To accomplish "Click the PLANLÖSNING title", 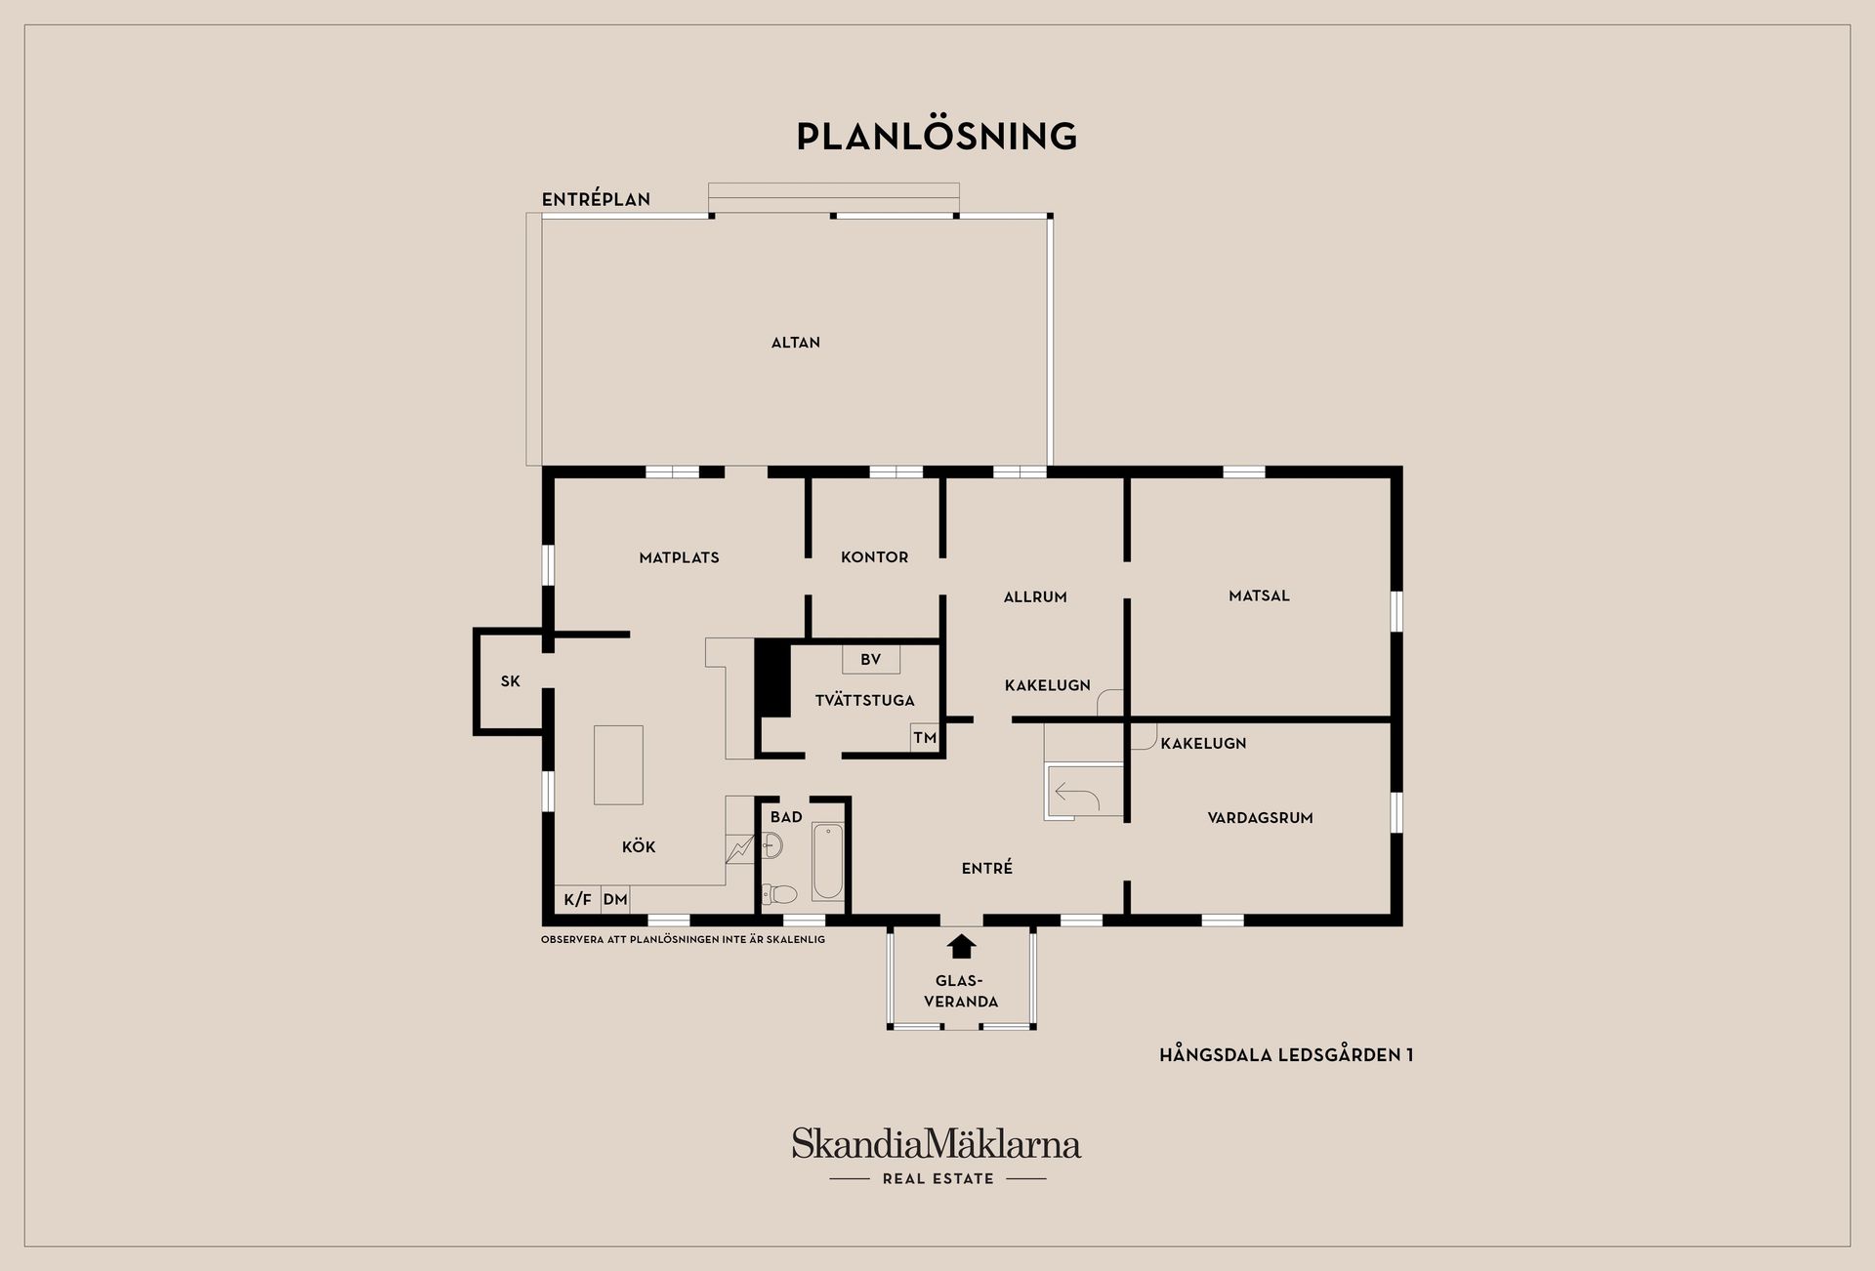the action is tap(937, 137).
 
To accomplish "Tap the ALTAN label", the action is tap(796, 343).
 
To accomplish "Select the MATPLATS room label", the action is tap(679, 557).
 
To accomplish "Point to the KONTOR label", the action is tap(875, 557).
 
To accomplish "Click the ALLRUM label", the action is tap(1035, 596).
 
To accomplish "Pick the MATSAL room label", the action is tap(1259, 595).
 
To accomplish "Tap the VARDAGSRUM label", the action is tap(1260, 818).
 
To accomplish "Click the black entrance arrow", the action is tap(962, 946).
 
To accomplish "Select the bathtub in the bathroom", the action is tap(828, 861).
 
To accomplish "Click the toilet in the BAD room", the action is tap(779, 893).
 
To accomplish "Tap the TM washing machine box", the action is tap(925, 738).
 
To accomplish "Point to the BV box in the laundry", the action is tap(871, 660).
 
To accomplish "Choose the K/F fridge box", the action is tap(578, 899).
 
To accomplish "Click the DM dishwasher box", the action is tap(615, 899).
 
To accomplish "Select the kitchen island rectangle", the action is tap(618, 765).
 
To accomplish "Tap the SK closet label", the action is tap(511, 681).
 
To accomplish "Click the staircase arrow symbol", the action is tap(1078, 796).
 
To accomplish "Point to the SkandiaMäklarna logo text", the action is tap(937, 1144).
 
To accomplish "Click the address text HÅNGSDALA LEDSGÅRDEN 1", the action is tap(1286, 1055).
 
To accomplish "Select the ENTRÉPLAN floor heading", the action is tap(596, 199).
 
